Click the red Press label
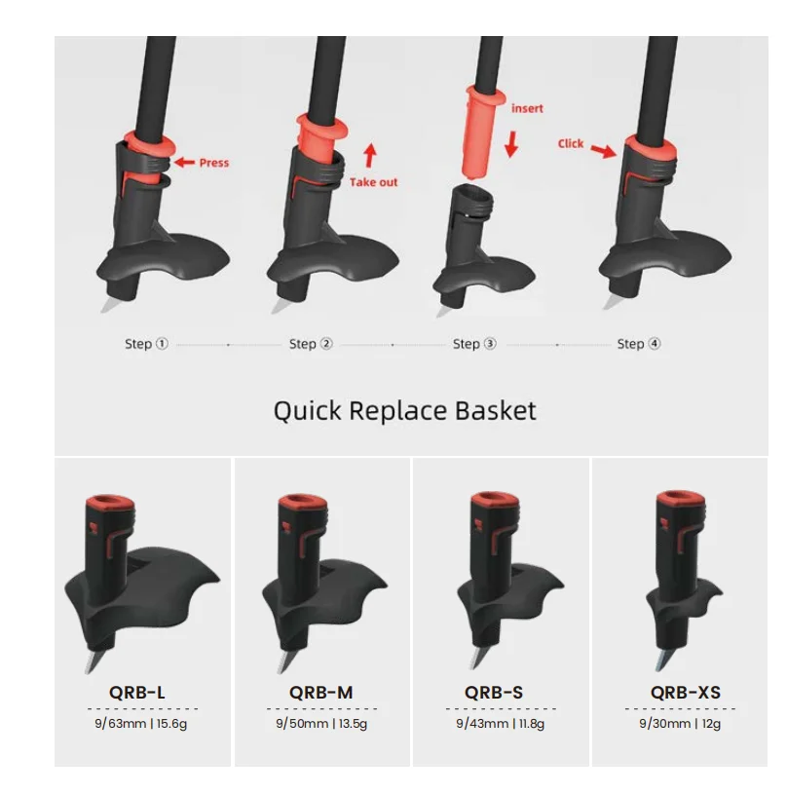(x=214, y=163)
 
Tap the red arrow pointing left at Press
(x=184, y=163)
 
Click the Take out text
(x=374, y=182)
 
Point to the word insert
(x=527, y=108)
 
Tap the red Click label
(x=571, y=143)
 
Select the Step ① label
(x=146, y=344)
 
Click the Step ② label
(x=311, y=344)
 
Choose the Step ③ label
(x=474, y=344)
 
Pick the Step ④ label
(x=639, y=344)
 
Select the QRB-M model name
(x=320, y=693)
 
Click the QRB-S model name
(x=494, y=693)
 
